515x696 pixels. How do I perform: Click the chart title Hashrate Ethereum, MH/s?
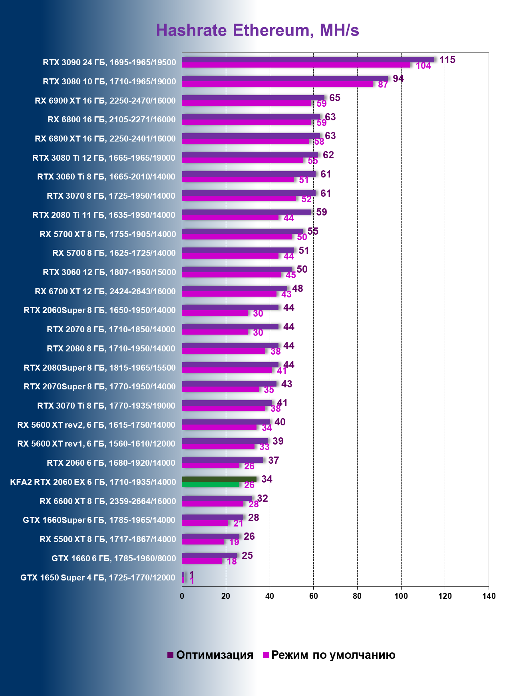tap(257, 30)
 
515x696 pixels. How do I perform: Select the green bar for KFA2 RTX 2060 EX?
tap(211, 485)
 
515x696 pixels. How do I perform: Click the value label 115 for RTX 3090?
tap(447, 60)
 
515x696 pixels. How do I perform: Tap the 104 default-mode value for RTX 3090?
tap(423, 66)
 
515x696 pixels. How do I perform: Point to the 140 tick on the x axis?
tap(489, 596)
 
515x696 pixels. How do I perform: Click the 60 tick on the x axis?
tap(313, 596)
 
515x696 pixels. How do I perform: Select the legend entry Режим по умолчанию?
tap(329, 655)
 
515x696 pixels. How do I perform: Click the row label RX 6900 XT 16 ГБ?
tap(105, 101)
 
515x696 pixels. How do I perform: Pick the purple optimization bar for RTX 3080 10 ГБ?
tap(285, 79)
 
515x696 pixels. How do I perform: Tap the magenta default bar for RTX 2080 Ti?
tap(230, 217)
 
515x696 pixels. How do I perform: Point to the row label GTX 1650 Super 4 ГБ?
tap(98, 578)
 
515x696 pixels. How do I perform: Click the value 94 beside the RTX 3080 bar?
tap(398, 79)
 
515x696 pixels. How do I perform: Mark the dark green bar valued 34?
tap(219, 479)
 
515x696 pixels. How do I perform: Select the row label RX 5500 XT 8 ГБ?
tap(107, 539)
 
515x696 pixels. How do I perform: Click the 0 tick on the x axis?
tap(182, 596)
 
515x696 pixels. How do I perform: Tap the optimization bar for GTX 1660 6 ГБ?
tap(209, 555)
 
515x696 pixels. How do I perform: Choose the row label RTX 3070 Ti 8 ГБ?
tap(106, 406)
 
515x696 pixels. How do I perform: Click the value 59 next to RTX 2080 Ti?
tap(321, 212)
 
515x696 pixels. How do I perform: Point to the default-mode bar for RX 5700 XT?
tap(237, 237)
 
